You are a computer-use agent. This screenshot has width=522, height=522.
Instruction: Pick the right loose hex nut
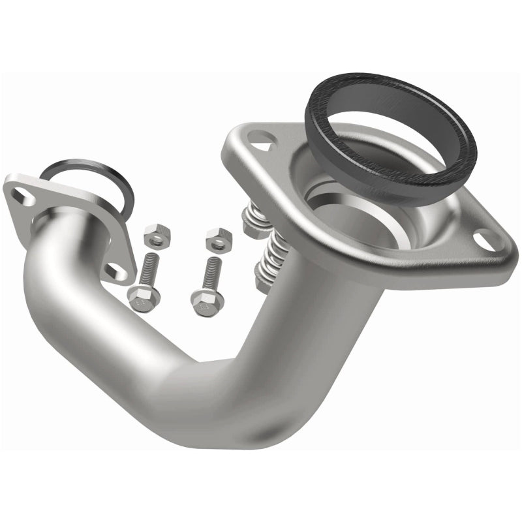tap(218, 239)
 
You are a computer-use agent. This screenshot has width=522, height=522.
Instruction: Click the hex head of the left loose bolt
tap(140, 299)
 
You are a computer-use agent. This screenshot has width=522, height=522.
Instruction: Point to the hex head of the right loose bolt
tap(207, 299)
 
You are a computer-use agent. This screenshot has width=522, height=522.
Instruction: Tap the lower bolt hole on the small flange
tap(115, 270)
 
